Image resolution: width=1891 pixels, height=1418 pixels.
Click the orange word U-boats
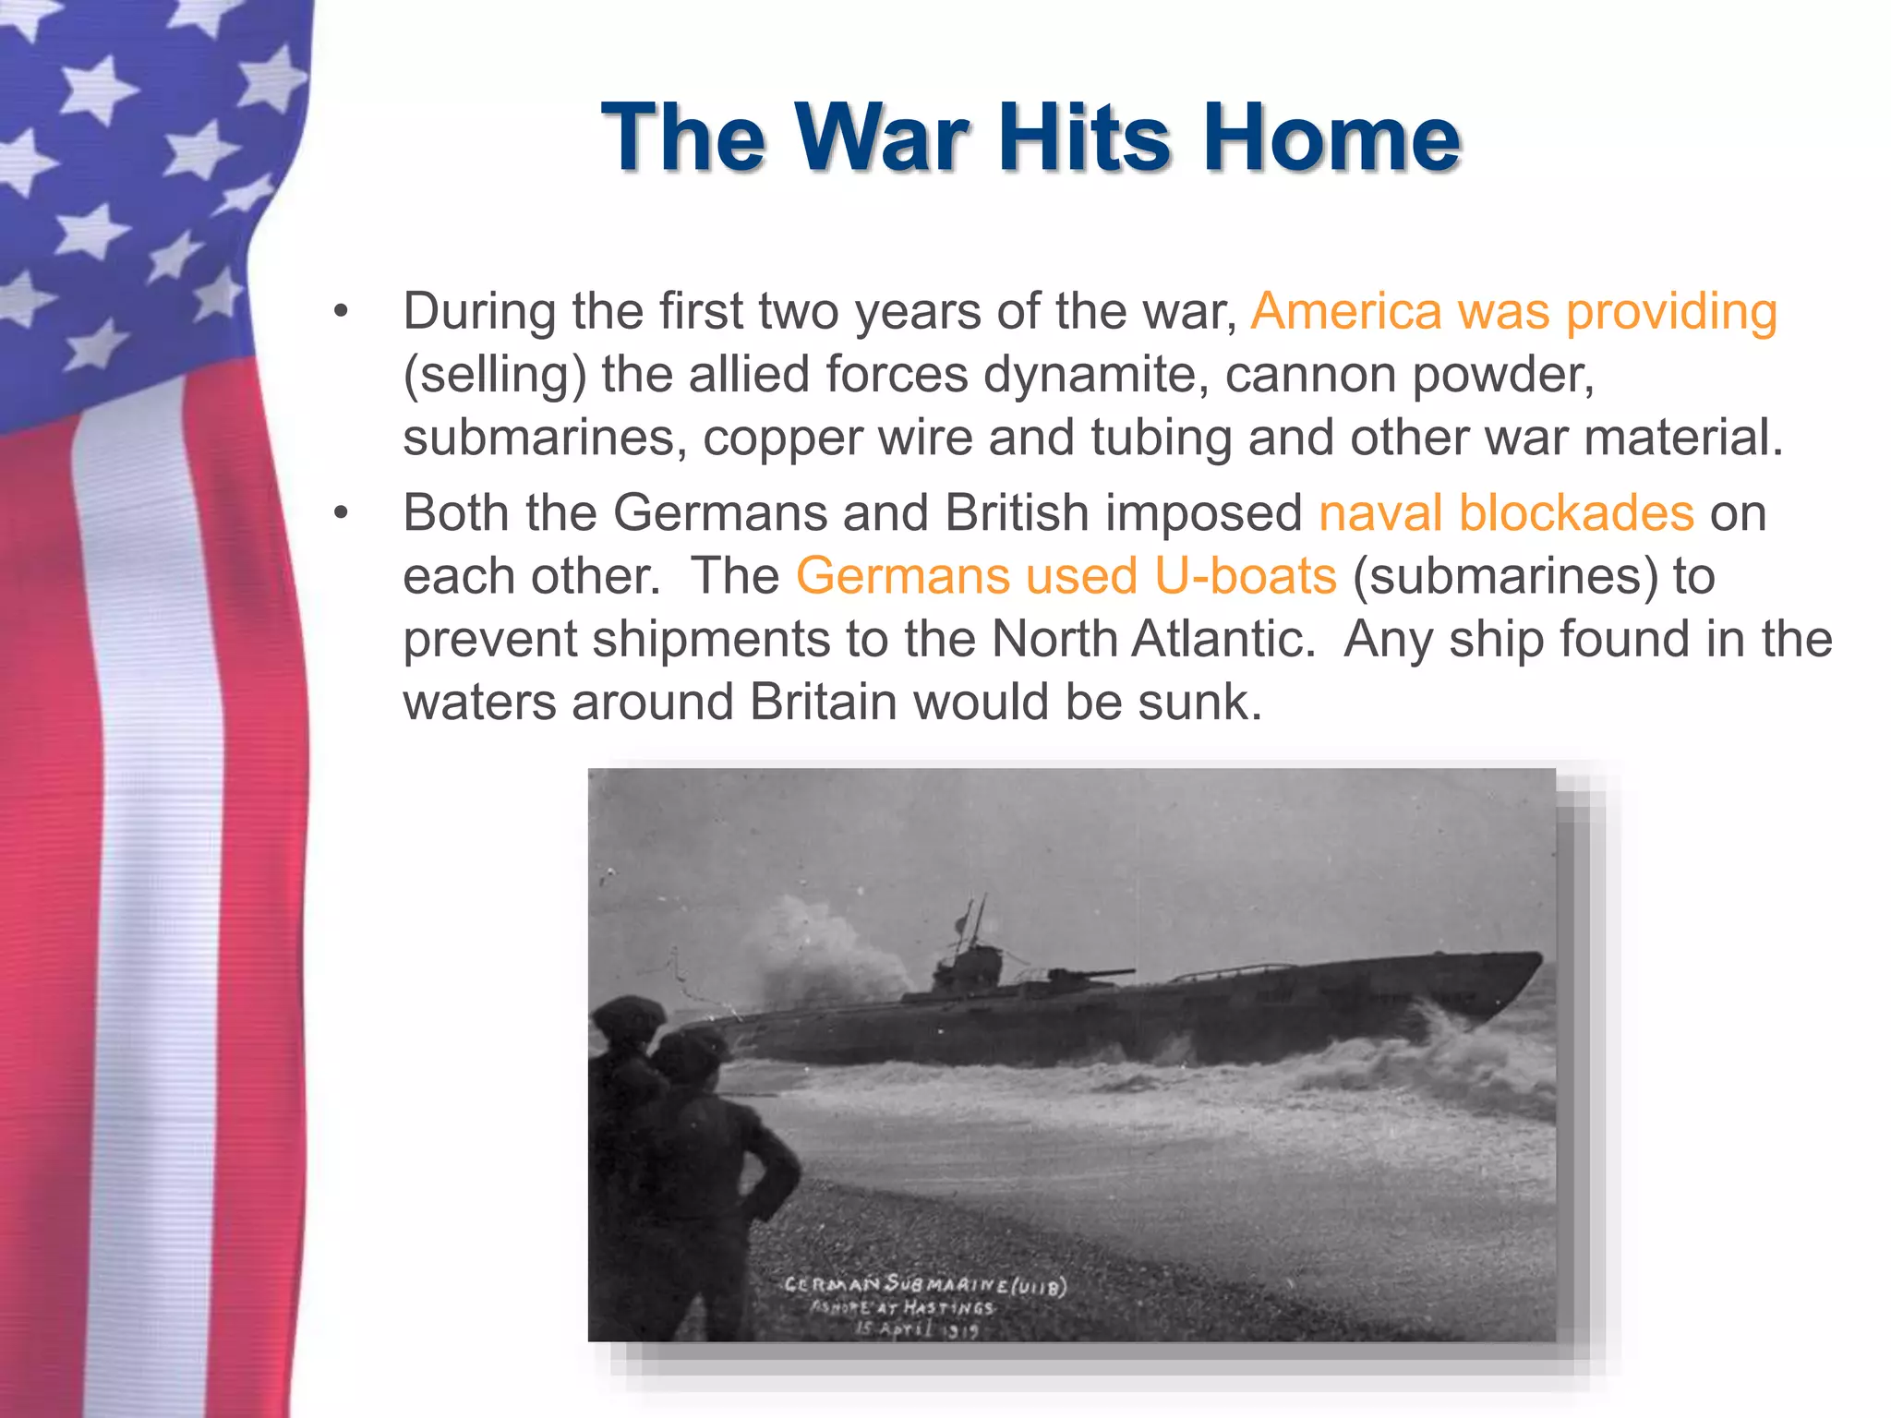(x=1246, y=576)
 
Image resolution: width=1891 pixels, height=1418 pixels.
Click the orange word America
(x=1346, y=311)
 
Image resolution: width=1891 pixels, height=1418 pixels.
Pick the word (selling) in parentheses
(x=495, y=375)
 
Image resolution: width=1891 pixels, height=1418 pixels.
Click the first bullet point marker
(x=342, y=311)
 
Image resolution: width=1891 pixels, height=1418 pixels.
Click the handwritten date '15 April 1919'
(x=916, y=1329)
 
